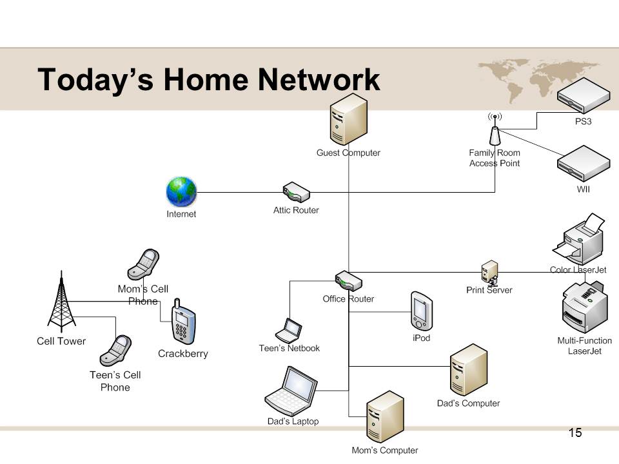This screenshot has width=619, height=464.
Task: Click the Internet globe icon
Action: (181, 192)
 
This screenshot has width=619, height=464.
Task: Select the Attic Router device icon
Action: (296, 192)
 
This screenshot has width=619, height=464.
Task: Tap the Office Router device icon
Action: (348, 282)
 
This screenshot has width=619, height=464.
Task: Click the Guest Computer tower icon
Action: (348, 119)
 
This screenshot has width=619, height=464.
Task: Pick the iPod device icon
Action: (421, 311)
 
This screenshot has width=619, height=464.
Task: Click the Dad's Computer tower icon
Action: (468, 370)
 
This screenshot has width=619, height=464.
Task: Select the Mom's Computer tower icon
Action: (385, 417)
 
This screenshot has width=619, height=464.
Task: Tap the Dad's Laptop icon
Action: (292, 391)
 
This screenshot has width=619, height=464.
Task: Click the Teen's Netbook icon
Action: (289, 331)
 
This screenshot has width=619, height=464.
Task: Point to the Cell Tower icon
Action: (61, 302)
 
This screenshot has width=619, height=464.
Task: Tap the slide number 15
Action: (575, 432)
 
